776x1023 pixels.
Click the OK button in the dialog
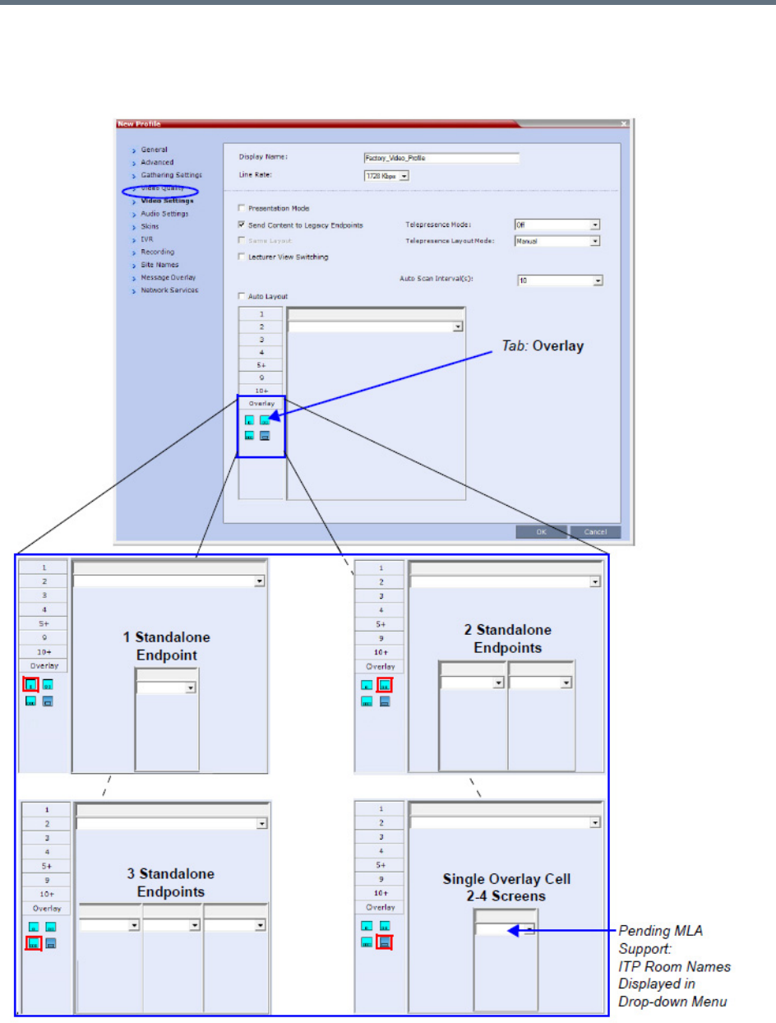tap(541, 532)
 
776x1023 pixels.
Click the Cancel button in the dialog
tap(594, 532)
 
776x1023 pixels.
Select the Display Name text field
tap(441, 159)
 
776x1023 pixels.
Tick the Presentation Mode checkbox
tap(241, 209)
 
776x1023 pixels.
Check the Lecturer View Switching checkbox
tap(241, 257)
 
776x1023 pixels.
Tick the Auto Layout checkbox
tap(241, 296)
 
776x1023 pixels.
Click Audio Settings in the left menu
tap(164, 214)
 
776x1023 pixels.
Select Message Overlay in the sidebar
tap(168, 277)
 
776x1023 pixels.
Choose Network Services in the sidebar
tap(169, 290)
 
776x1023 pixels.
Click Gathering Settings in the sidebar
tap(171, 175)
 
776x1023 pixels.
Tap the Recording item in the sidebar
tap(157, 252)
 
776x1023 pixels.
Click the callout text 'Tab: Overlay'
tap(543, 346)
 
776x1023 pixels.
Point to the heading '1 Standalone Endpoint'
tap(171, 646)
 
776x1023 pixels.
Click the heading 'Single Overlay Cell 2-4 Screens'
tap(506, 887)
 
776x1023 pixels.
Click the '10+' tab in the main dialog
tap(261, 391)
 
